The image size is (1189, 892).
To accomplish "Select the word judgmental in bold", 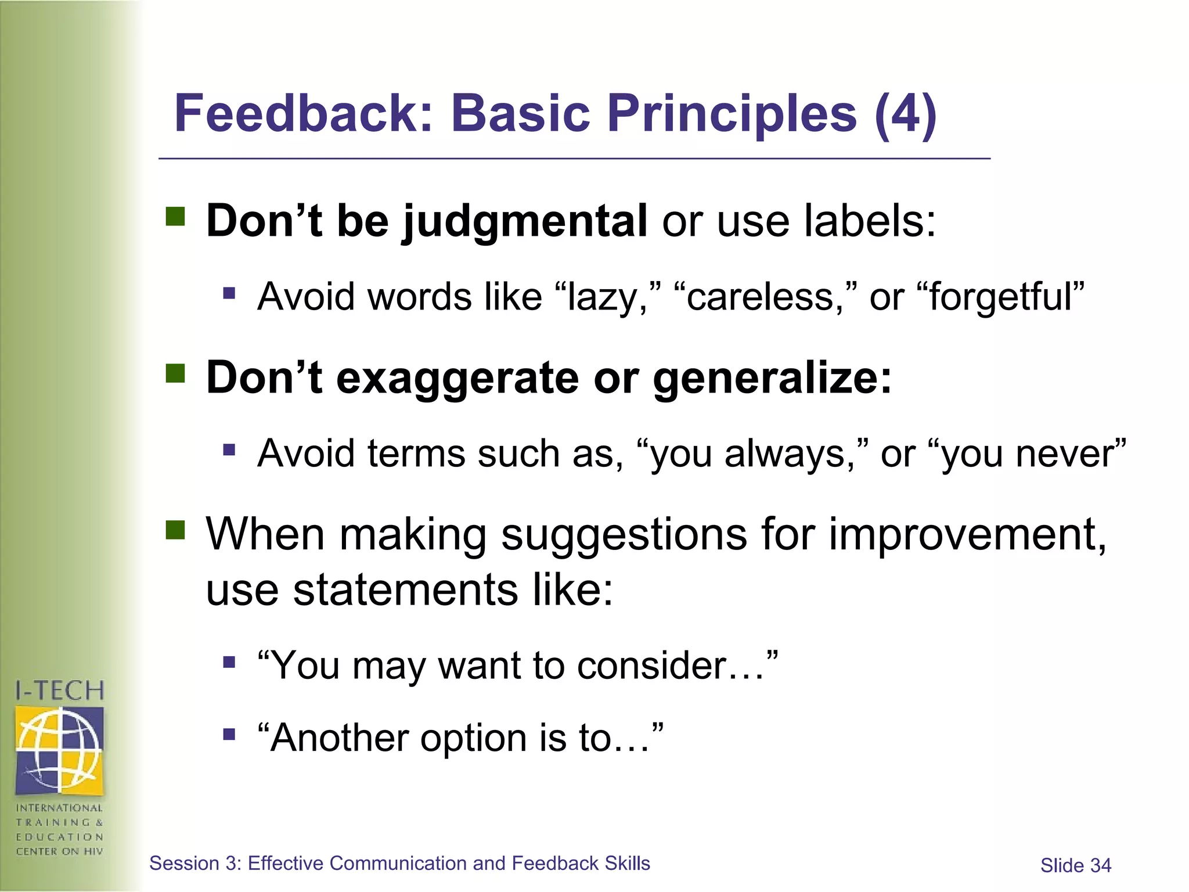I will click(525, 222).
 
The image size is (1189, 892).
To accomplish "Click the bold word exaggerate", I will click(457, 379).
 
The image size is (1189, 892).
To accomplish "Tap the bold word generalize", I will click(772, 379).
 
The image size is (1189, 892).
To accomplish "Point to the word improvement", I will click(967, 534).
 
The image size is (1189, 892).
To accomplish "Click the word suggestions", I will click(624, 534).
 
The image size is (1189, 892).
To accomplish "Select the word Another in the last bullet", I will click(338, 738).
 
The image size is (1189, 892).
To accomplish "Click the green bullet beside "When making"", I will click(175, 530).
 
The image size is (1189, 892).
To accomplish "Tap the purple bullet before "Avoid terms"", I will click(229, 449).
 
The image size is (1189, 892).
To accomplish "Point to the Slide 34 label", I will click(1075, 865).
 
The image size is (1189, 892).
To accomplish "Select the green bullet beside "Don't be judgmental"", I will click(175, 217).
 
